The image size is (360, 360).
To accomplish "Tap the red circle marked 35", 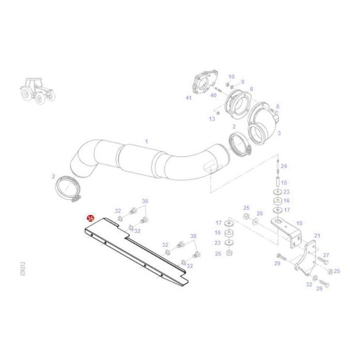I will coord(91,219).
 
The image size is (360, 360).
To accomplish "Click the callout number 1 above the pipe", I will coord(146,141).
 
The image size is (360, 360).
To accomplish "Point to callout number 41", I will coord(188,98).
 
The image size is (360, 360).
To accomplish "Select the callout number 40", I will coord(213,95).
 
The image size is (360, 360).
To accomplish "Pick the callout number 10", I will coord(231,77).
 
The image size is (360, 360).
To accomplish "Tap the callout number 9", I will coord(242,82).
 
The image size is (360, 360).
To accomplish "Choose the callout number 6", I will coord(251,89).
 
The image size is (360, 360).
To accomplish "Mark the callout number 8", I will coord(278,106).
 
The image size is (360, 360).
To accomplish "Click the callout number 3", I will coord(279,133).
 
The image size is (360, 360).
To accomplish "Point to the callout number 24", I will coord(284,166).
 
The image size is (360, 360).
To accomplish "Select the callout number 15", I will coord(284,183).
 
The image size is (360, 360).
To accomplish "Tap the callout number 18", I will coord(299,223).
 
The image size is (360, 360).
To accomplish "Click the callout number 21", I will coord(317,236).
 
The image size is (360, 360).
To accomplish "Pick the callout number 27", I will coord(326,255).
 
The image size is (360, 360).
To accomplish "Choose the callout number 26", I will coord(259,213).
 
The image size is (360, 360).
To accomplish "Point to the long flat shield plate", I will coord(136,252).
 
